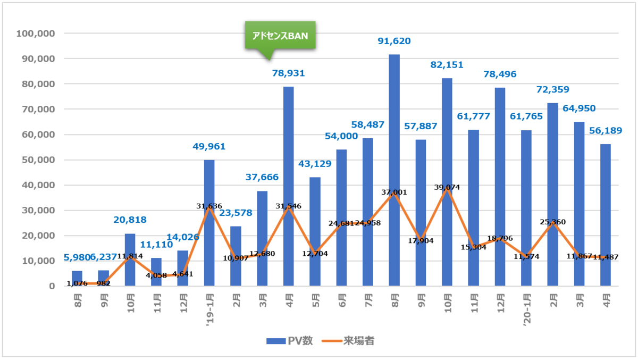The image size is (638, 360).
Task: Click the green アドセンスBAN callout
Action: click(280, 36)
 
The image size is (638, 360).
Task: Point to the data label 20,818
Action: click(130, 220)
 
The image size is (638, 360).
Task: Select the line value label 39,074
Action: click(447, 187)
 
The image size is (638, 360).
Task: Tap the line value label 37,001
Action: click(394, 192)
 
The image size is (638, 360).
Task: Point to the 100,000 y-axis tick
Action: click(37, 34)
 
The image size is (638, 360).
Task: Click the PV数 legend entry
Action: click(289, 341)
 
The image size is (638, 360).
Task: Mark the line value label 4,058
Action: click(156, 275)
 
